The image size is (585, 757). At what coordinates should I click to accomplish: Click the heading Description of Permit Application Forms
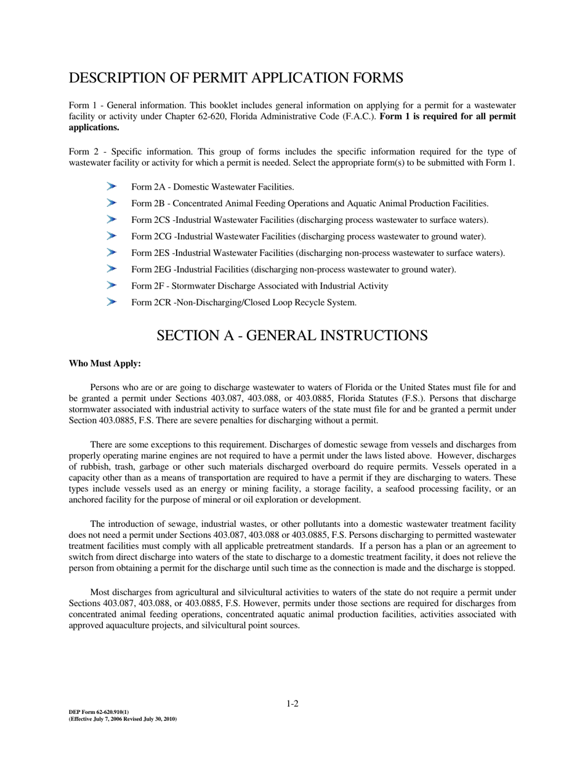236,78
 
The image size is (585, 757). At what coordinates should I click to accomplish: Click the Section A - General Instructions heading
292,335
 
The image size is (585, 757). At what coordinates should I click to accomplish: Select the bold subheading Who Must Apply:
105,364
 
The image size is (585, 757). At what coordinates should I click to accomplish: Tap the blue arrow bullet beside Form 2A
111,186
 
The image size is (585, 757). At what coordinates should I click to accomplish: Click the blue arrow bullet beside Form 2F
111,285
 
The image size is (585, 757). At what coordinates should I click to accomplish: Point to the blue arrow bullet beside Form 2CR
111,302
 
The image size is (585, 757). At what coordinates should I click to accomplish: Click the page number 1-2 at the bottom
292,703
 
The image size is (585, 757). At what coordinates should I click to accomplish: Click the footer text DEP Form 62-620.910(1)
99,712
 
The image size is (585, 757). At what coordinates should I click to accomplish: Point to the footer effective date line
123,718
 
